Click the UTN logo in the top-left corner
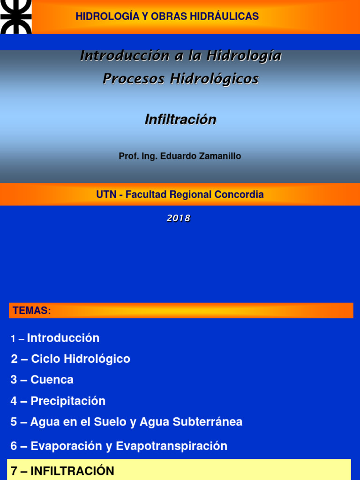click(x=15, y=17)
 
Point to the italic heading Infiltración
click(x=180, y=120)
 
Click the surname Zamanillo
click(x=218, y=156)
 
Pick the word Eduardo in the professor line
click(x=177, y=156)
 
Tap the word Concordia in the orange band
click(x=239, y=195)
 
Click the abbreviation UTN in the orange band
click(x=106, y=195)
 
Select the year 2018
click(x=179, y=218)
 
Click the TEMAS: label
click(x=32, y=311)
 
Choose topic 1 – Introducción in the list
click(x=55, y=338)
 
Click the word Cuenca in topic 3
click(x=52, y=380)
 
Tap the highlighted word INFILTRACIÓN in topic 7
click(x=72, y=471)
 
